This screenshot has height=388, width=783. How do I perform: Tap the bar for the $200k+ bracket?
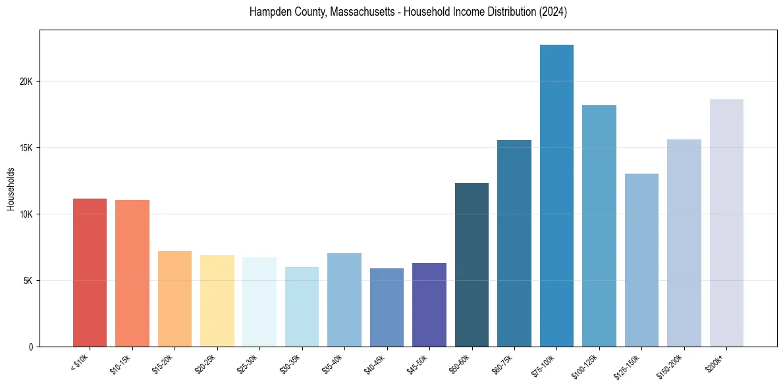pyautogui.click(x=726, y=223)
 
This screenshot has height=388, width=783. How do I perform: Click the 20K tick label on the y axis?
pyautogui.click(x=26, y=82)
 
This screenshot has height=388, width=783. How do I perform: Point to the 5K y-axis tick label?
pyautogui.click(x=28, y=281)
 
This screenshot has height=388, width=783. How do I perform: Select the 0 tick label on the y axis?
pyautogui.click(x=31, y=347)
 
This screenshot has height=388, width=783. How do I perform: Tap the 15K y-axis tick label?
pyautogui.click(x=26, y=148)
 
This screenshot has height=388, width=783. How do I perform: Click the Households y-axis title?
pyautogui.click(x=11, y=188)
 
